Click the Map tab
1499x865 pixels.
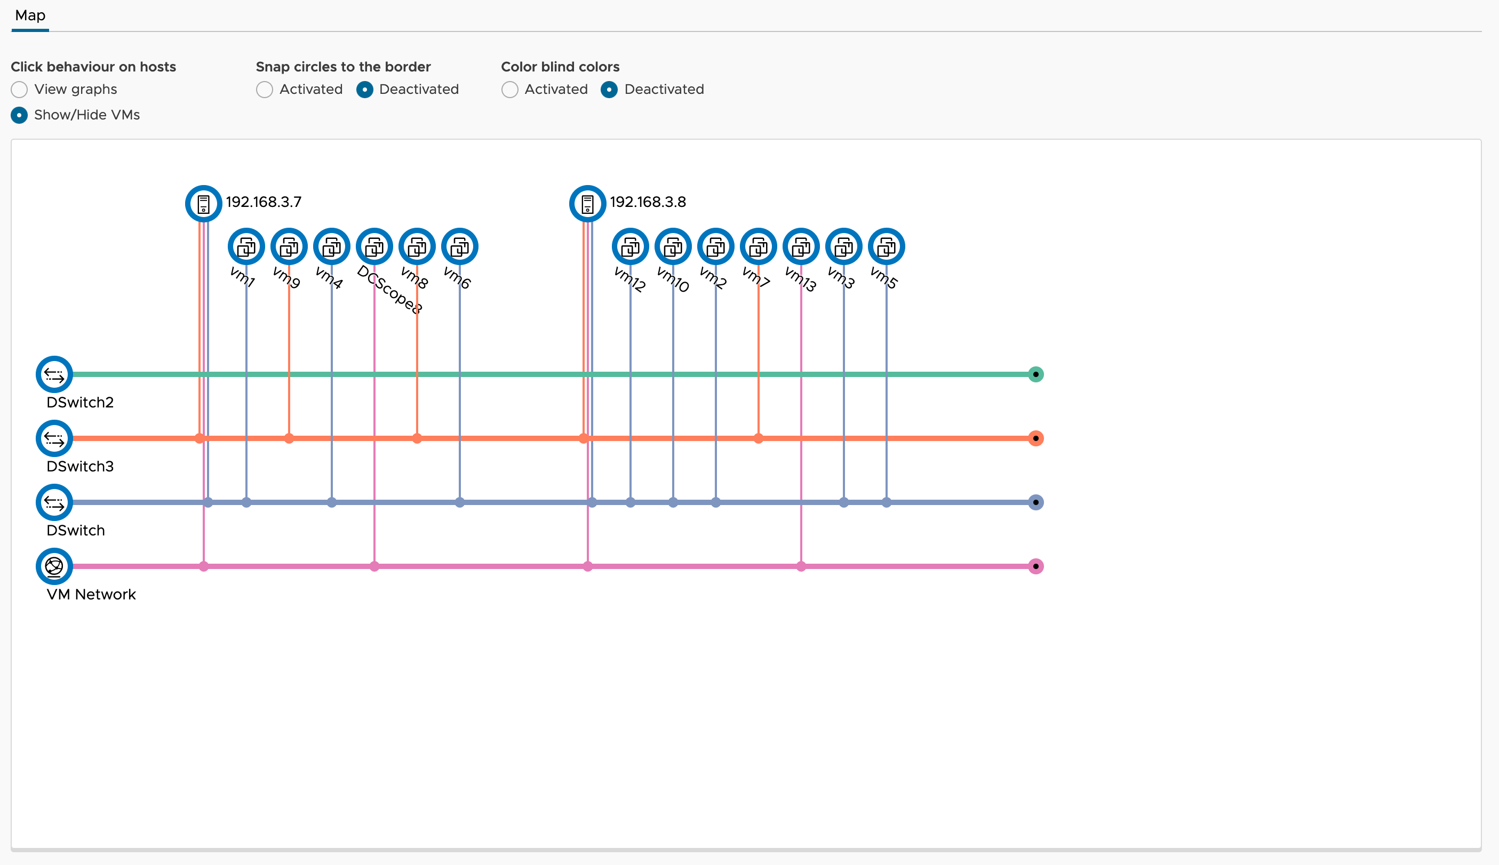[x=30, y=15]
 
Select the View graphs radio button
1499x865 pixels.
[x=19, y=90]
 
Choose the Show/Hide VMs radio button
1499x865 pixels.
[x=19, y=115]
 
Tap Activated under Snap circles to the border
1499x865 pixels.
[x=265, y=90]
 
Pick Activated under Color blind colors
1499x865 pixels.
[x=510, y=90]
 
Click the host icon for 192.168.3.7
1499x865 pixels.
[x=204, y=204]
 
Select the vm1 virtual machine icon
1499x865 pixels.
[x=246, y=246]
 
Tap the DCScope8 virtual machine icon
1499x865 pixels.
[x=374, y=246]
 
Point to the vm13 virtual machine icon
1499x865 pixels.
[x=801, y=246]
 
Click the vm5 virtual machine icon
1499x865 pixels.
[x=887, y=246]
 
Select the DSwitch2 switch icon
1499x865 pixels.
[x=54, y=374]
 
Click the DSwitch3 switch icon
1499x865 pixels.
[x=54, y=438]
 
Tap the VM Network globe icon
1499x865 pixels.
[x=54, y=566]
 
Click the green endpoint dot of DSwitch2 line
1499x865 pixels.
[x=1035, y=374]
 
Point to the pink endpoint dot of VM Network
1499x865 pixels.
[x=1035, y=566]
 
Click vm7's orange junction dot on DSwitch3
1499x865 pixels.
[x=758, y=438]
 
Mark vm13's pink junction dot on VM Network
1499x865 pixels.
[x=801, y=566]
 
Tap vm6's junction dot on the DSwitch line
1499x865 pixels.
[x=460, y=502]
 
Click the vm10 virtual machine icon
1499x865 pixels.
[x=673, y=246]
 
